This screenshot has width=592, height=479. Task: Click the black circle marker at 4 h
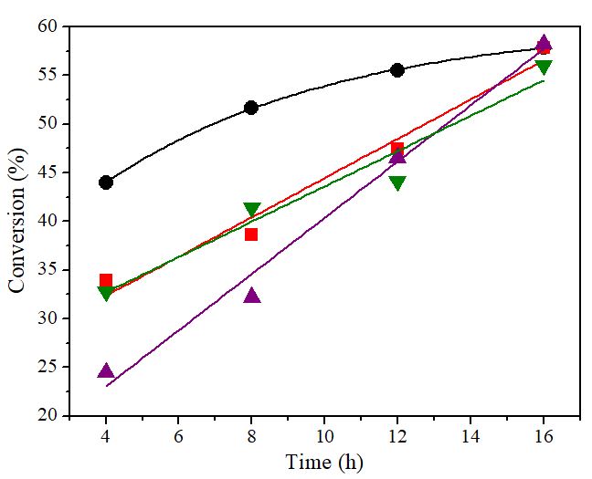tap(106, 182)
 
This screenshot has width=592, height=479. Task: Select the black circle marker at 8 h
tap(251, 108)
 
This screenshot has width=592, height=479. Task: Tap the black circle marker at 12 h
tap(397, 69)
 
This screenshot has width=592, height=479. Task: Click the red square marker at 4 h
tap(106, 281)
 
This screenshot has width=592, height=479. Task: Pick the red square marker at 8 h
tap(251, 234)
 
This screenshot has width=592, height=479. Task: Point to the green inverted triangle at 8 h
tap(252, 210)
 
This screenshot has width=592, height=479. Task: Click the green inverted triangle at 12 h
tap(397, 182)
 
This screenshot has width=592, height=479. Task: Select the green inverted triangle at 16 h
tap(544, 67)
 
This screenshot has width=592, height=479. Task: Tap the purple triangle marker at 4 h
tap(106, 370)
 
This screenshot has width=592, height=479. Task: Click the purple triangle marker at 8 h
tap(252, 295)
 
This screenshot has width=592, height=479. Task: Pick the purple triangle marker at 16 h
tap(544, 43)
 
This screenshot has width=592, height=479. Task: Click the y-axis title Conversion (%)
tap(17, 222)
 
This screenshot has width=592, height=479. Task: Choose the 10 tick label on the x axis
tap(324, 436)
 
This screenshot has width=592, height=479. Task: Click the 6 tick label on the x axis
tap(179, 436)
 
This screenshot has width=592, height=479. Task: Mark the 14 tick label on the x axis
tap(470, 436)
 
